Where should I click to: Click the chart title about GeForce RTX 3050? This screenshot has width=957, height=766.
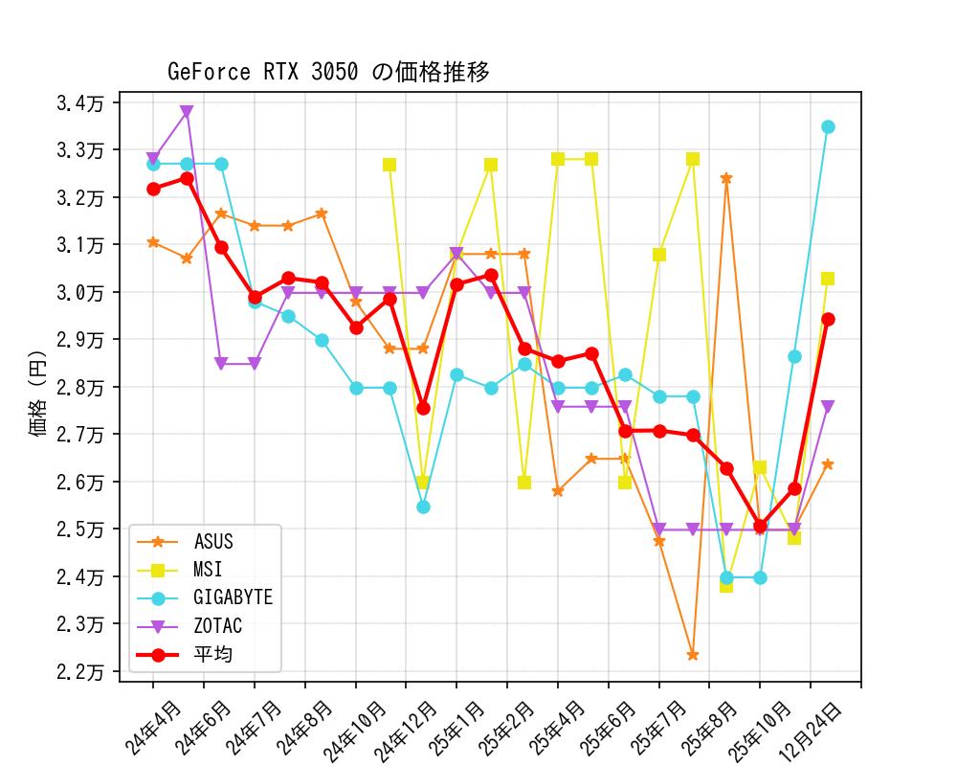click(328, 72)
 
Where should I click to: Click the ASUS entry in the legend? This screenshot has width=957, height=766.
click(212, 542)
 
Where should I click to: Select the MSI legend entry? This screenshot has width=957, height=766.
click(207, 570)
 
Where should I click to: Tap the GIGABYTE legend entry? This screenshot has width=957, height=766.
click(233, 597)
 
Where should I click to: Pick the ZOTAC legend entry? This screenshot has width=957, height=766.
click(217, 626)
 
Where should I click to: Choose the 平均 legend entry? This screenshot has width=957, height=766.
click(212, 655)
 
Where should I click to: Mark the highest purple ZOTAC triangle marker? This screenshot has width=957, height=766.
click(187, 112)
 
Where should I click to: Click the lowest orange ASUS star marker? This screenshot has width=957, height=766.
click(692, 655)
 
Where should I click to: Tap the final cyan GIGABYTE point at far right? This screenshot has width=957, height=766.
click(828, 126)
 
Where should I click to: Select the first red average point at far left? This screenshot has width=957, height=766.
click(153, 189)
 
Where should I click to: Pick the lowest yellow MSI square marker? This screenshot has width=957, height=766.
click(726, 585)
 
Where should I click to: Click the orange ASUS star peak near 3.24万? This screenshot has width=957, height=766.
click(726, 178)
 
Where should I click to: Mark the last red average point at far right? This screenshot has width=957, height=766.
click(828, 319)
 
